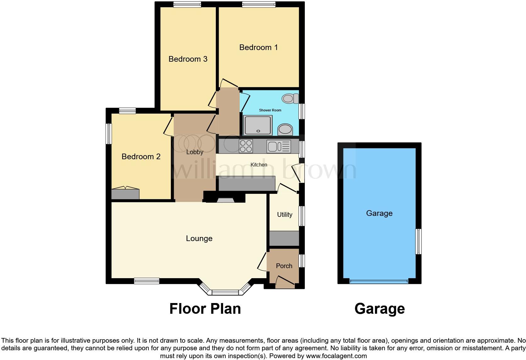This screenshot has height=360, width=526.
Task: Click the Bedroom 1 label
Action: pyautogui.click(x=258, y=48)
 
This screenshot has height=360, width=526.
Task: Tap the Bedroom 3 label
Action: pyautogui.click(x=188, y=59)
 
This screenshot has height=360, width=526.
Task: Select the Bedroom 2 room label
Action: pyautogui.click(x=141, y=157)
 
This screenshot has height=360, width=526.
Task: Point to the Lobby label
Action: pyautogui.click(x=195, y=152)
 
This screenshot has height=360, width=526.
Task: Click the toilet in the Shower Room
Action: pyautogui.click(x=290, y=98)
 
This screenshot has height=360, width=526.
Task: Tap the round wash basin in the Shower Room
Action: pyautogui.click(x=285, y=129)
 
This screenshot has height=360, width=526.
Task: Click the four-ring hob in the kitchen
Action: pyautogui.click(x=246, y=146)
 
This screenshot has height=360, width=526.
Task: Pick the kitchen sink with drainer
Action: pyautogui.click(x=278, y=146)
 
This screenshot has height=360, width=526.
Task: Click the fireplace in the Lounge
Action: pyautogui.click(x=225, y=200)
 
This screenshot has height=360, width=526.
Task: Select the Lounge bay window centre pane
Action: pyautogui.click(x=225, y=293)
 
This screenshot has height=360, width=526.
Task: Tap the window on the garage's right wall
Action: pyautogui.click(x=418, y=241)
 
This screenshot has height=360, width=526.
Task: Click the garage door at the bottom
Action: pyautogui.click(x=379, y=281)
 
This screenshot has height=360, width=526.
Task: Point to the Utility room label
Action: pyautogui.click(x=284, y=215)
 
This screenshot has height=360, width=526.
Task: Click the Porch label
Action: pyautogui.click(x=284, y=266)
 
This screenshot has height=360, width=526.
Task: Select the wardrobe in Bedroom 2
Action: pyautogui.click(x=125, y=194)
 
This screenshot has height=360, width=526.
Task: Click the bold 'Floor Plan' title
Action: pyautogui.click(x=205, y=309)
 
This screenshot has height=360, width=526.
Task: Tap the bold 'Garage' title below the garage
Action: pyautogui.click(x=379, y=309)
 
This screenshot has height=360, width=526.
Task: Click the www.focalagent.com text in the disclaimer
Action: pyautogui.click(x=336, y=356)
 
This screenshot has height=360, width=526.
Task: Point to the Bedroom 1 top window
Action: pyautogui.click(x=259, y=4)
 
